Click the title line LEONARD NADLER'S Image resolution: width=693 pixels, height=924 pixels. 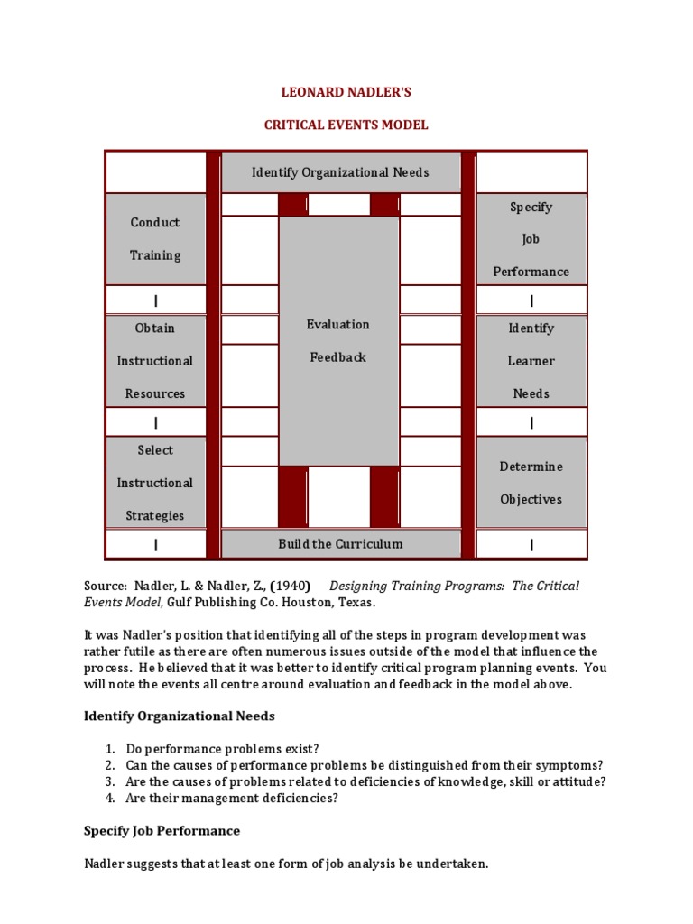tap(346, 93)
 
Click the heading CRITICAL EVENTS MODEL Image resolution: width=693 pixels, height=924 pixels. tap(346, 125)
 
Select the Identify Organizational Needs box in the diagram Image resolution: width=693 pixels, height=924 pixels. tap(340, 172)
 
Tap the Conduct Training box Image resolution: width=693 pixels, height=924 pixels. tap(155, 239)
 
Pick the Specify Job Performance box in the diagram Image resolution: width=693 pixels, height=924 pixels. tap(531, 239)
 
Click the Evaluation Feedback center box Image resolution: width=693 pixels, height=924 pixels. tap(338, 340)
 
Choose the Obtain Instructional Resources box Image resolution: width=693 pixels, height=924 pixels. tap(155, 361)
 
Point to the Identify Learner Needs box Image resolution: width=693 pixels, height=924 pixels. tap(531, 361)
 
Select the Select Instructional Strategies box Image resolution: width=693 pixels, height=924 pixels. tap(155, 483)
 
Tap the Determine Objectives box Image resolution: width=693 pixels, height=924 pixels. tap(531, 483)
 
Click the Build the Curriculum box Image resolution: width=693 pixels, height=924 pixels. tap(340, 544)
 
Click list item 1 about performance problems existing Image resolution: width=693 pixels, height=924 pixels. tap(222, 749)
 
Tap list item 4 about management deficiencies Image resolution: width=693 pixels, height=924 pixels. tap(232, 798)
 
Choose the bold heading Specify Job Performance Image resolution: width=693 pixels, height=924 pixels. tap(162, 830)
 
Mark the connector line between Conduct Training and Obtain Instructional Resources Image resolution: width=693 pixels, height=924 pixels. tap(155, 300)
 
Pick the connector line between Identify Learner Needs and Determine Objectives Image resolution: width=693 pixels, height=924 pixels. tap(531, 422)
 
